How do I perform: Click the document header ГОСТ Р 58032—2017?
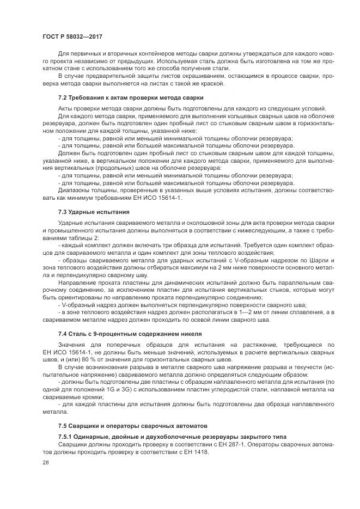[72, 36]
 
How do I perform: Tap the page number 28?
[45, 462]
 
